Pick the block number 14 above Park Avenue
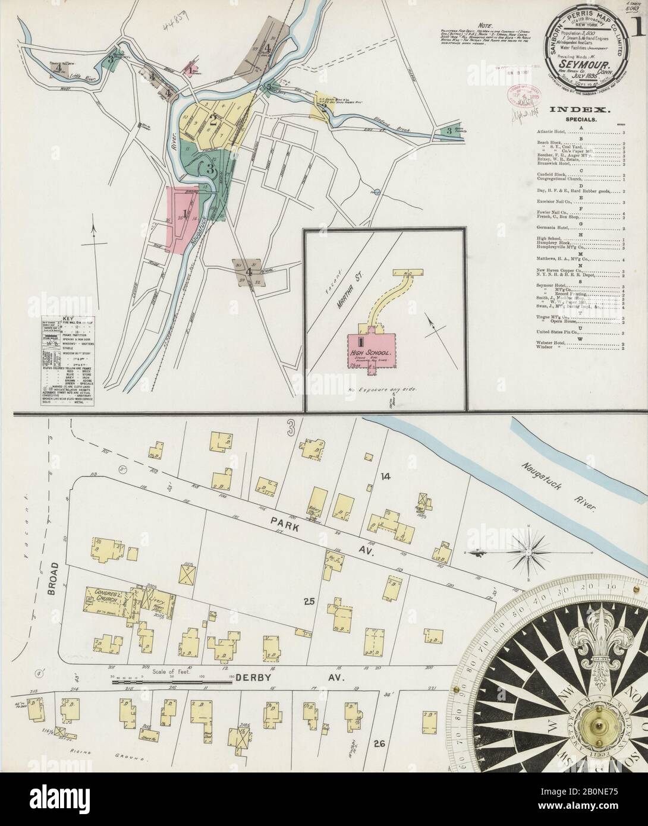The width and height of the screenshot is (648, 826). click(386, 476)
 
